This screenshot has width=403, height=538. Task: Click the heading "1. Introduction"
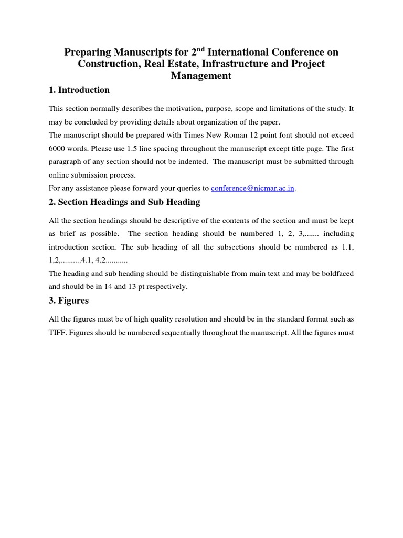tap(79, 90)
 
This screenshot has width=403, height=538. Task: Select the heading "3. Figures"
tap(68, 301)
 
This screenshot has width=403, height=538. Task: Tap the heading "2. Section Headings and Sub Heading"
tap(124, 202)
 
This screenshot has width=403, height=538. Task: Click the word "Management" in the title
tap(201, 76)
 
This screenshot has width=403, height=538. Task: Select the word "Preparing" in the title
tap(86, 52)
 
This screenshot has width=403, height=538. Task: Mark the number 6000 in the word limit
tap(58, 148)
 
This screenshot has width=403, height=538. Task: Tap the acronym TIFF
tap(57, 333)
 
